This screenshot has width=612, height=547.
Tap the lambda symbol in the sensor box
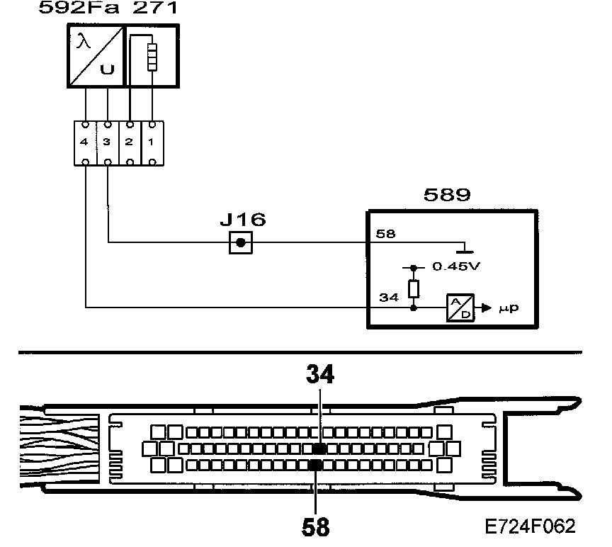coord(84,42)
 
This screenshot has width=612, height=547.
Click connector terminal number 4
coord(85,142)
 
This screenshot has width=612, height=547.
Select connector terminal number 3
coord(107,142)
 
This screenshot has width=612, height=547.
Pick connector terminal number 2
coord(129,142)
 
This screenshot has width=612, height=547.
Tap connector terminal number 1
coord(151,142)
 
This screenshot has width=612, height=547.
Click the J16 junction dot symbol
coord(241,243)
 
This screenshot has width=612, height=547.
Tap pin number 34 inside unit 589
coord(388,298)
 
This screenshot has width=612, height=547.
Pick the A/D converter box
coord(460,308)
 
